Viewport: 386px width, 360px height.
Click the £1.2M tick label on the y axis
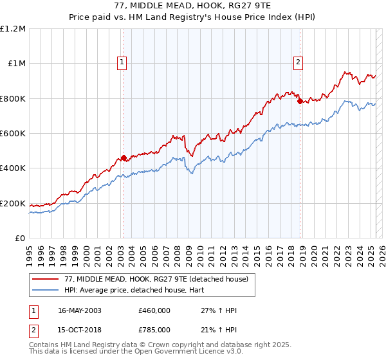[13, 29]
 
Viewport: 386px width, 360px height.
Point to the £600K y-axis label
[13, 134]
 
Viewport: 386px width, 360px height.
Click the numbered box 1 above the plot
[122, 62]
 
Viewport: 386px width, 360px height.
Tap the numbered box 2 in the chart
[299, 62]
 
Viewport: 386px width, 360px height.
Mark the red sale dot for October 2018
[299, 101]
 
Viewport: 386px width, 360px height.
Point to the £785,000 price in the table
[154, 329]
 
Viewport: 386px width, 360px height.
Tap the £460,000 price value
[154, 310]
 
